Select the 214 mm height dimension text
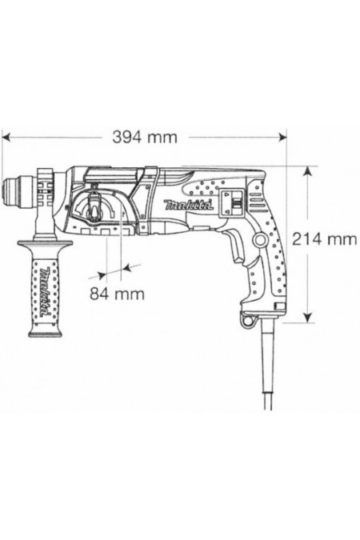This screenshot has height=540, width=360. [x=325, y=238]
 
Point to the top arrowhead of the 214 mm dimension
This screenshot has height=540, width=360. [x=307, y=170]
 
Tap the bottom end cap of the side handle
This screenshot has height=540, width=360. [x=41, y=338]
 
